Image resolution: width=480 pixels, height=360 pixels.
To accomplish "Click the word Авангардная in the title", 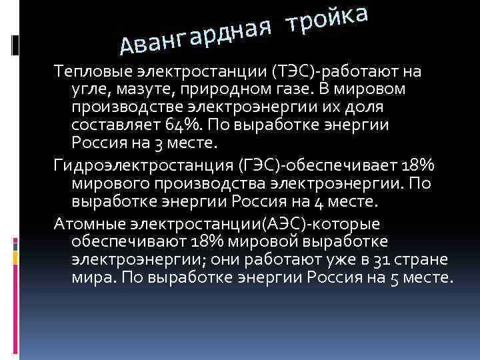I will pyautogui.click(x=194, y=35).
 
